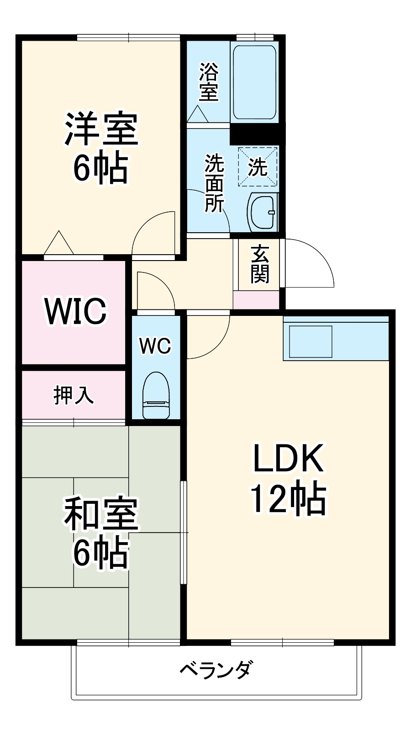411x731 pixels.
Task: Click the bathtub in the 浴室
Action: (254, 82)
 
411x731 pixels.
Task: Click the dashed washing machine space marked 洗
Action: (258, 166)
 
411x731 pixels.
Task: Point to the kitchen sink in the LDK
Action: (311, 341)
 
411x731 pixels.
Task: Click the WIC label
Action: (75, 311)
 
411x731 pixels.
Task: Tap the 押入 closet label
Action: (74, 395)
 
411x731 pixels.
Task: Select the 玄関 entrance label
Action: (259, 264)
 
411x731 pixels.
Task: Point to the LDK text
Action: (289, 458)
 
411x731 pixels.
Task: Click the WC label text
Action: (155, 346)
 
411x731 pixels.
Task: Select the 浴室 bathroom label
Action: (208, 82)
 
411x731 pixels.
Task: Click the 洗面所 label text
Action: (214, 183)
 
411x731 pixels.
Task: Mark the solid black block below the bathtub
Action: (254, 134)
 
